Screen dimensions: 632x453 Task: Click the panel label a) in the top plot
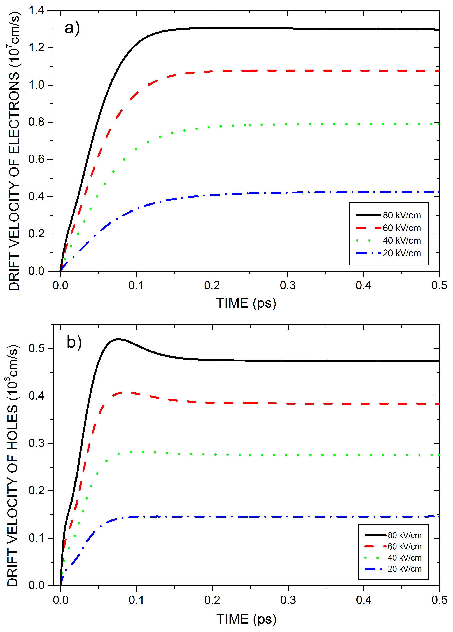click(72, 28)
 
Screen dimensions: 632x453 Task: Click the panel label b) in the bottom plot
click(74, 342)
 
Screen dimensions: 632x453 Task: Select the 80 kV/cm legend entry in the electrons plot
click(401, 215)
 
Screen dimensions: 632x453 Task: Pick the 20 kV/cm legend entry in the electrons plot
click(401, 253)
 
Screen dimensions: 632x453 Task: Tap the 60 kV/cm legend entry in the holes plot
click(404, 546)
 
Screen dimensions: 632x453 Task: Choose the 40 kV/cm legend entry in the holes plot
click(404, 558)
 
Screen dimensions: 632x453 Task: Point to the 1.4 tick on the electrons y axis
click(36, 11)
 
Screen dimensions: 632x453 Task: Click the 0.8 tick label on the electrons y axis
click(36, 122)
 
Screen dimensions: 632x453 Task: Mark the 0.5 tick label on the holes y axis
click(36, 348)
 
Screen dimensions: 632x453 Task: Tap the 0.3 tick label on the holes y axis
click(36, 443)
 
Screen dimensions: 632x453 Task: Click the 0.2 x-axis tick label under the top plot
click(212, 286)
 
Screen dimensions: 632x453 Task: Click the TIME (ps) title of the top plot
click(246, 303)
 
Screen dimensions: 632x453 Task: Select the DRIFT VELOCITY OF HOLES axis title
click(13, 465)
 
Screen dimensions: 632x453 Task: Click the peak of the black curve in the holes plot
click(119, 339)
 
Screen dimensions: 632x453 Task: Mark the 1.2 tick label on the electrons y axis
click(36, 48)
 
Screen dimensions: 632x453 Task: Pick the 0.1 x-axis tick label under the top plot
click(136, 286)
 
